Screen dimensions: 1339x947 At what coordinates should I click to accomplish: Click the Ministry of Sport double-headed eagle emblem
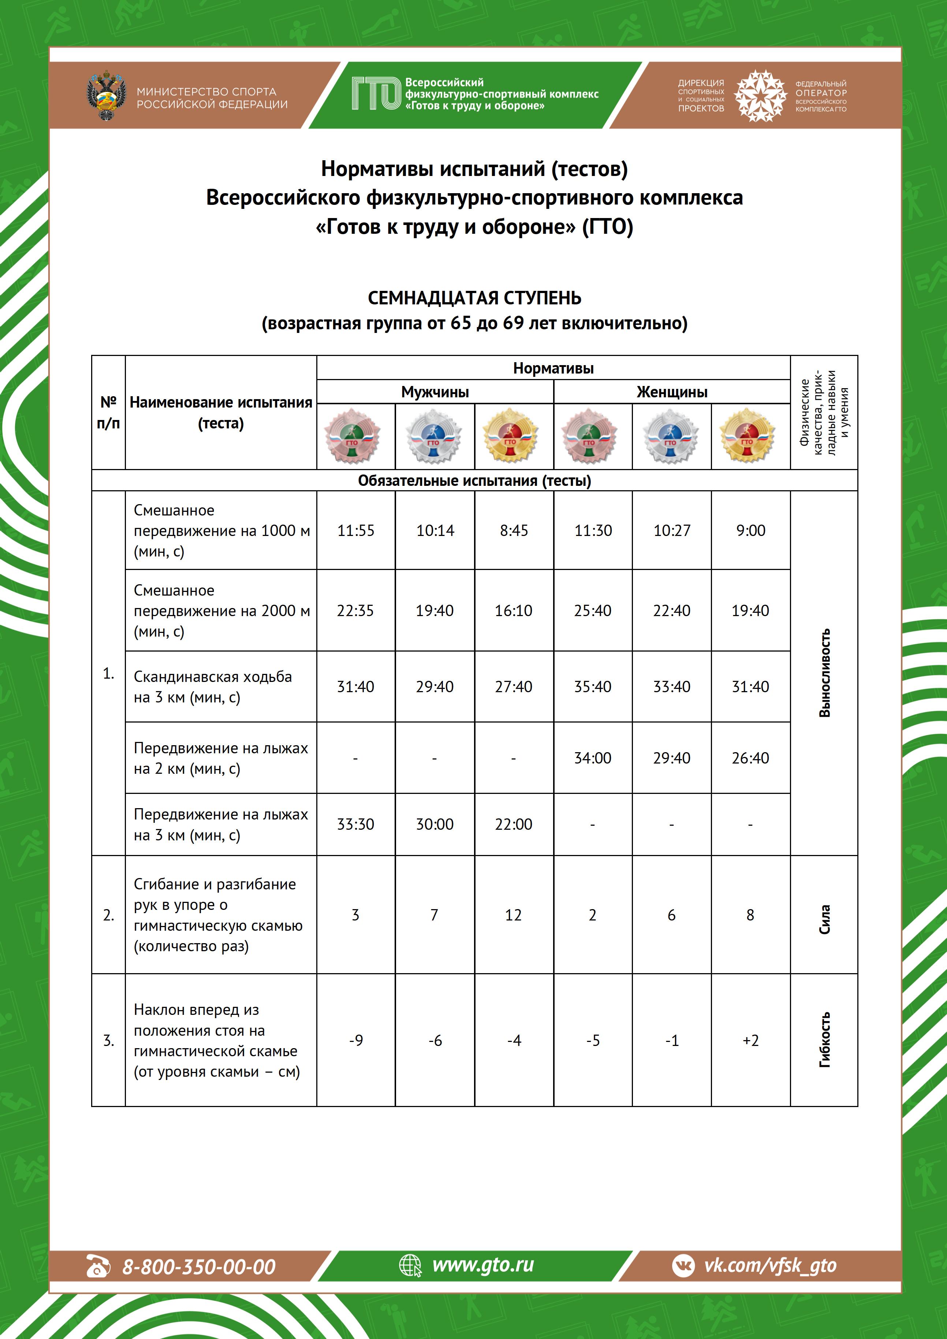(106, 95)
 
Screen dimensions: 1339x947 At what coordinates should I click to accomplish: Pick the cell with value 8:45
(514, 531)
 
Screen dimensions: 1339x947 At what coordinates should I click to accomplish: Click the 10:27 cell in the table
(672, 531)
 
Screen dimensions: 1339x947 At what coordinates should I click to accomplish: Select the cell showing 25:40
(592, 611)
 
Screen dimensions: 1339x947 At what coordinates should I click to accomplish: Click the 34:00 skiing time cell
(592, 758)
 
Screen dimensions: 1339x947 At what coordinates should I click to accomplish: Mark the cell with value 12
(514, 915)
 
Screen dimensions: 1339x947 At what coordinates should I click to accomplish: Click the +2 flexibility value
(750, 1040)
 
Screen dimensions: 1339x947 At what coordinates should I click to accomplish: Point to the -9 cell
(355, 1040)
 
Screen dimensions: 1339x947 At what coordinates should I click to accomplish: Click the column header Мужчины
(435, 392)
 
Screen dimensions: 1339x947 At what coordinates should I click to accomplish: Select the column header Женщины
(672, 392)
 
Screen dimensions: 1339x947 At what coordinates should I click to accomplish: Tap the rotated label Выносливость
(824, 673)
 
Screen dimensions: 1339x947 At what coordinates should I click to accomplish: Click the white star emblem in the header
(760, 95)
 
